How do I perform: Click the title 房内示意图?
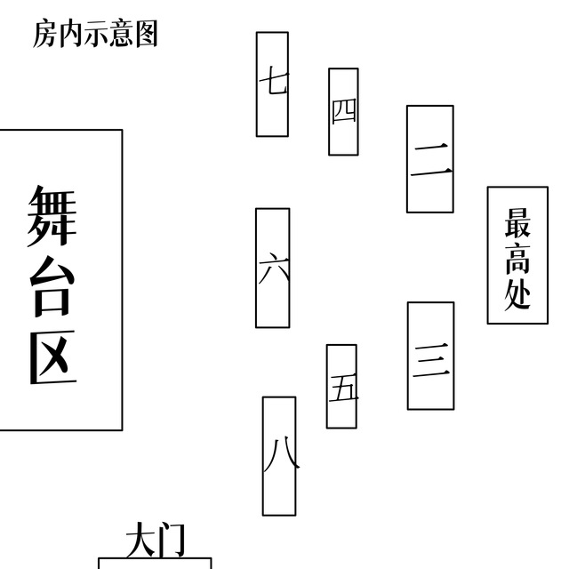[95, 34]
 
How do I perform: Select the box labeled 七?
[272, 84]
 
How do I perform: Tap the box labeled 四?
[343, 111]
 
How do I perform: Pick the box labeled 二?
[430, 159]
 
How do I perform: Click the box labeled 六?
[272, 268]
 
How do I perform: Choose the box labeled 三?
[430, 356]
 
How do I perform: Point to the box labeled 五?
[341, 387]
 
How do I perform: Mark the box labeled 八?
[279, 455]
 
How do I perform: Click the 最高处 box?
[517, 255]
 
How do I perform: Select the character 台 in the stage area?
[51, 287]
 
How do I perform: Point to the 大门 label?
[155, 540]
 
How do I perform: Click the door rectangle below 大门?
[155, 564]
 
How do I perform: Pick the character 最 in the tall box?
[517, 222]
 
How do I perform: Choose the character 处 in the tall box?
[517, 293]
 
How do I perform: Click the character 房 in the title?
[45, 34]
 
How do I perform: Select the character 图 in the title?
[146, 34]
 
